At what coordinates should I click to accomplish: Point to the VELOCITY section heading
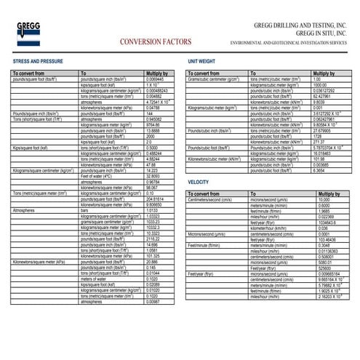pos(199,181)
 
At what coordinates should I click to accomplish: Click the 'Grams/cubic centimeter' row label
pos(215,79)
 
